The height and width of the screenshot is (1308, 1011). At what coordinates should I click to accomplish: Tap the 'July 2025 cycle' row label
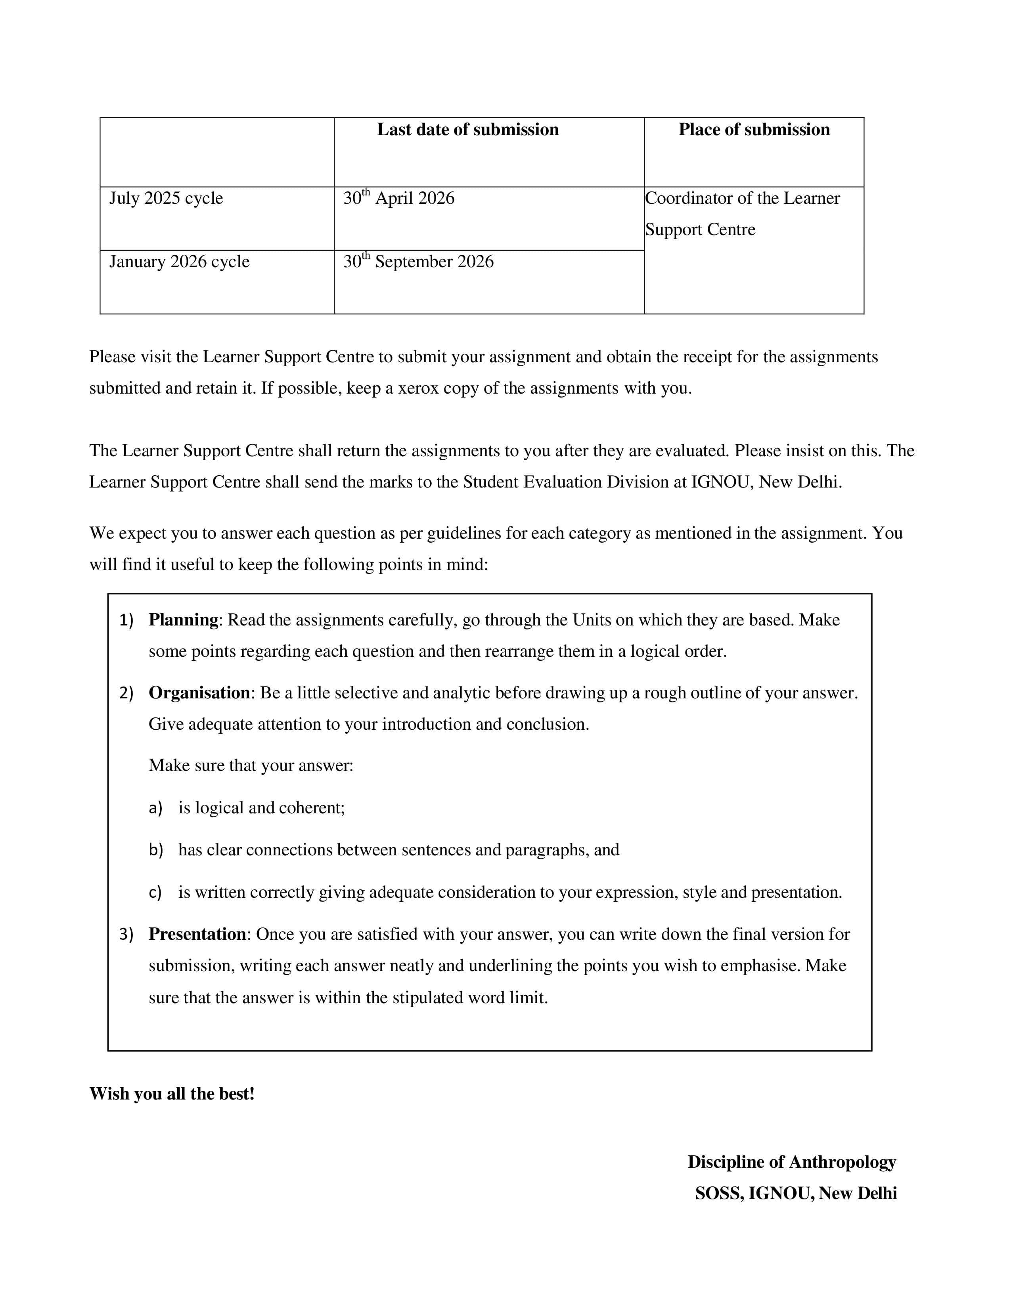point(166,198)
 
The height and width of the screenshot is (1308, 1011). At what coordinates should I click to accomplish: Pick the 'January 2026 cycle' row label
point(179,262)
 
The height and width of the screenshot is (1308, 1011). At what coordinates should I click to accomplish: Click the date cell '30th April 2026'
point(398,198)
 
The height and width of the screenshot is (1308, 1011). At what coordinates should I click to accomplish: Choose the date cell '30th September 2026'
point(418,262)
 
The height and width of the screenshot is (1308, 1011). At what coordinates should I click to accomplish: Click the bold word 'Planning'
point(183,620)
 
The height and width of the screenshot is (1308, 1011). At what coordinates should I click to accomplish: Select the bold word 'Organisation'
point(199,693)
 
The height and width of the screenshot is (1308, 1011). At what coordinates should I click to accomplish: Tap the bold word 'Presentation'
point(197,934)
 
